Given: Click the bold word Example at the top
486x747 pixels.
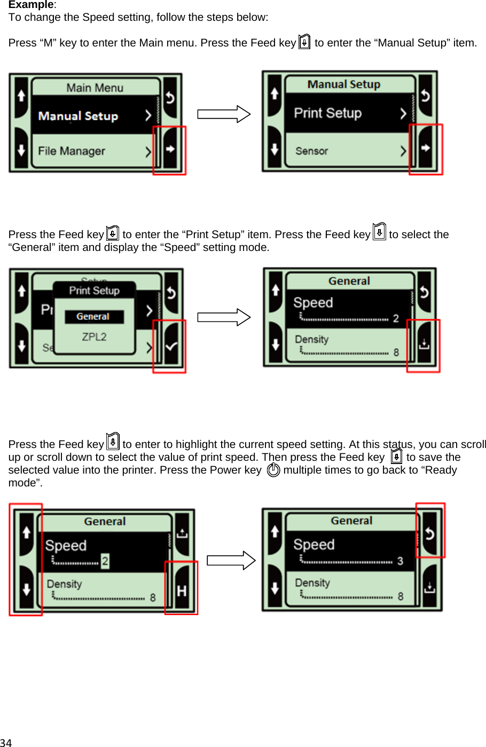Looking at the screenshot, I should click(x=31, y=5).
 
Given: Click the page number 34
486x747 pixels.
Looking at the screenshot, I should click(x=6, y=742).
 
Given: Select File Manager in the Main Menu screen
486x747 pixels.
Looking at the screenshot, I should click(x=72, y=151).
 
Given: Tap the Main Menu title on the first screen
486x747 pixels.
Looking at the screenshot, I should click(x=95, y=88).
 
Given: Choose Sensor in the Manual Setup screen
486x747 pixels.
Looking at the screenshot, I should click(x=312, y=151).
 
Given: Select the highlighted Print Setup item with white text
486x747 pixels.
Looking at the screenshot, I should click(x=328, y=113).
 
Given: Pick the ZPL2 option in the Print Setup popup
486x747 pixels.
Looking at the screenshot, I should click(x=94, y=337).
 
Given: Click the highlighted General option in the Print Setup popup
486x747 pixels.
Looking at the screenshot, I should click(x=93, y=317).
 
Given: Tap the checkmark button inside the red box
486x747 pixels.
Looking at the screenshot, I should click(x=171, y=347).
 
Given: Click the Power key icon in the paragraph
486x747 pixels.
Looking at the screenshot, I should click(x=273, y=470).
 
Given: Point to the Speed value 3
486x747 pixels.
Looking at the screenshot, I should click(x=400, y=561).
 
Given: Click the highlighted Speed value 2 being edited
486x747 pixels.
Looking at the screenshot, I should click(x=105, y=561).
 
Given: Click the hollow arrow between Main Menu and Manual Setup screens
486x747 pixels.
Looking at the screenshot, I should click(x=224, y=114).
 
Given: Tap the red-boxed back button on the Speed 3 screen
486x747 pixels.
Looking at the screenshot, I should click(x=430, y=533).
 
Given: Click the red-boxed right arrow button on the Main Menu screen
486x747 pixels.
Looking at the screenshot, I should click(x=170, y=150).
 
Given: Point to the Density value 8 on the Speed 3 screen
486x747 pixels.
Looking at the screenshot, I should click(x=400, y=596).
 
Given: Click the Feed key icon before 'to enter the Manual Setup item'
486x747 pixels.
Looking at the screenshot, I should click(x=304, y=42).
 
